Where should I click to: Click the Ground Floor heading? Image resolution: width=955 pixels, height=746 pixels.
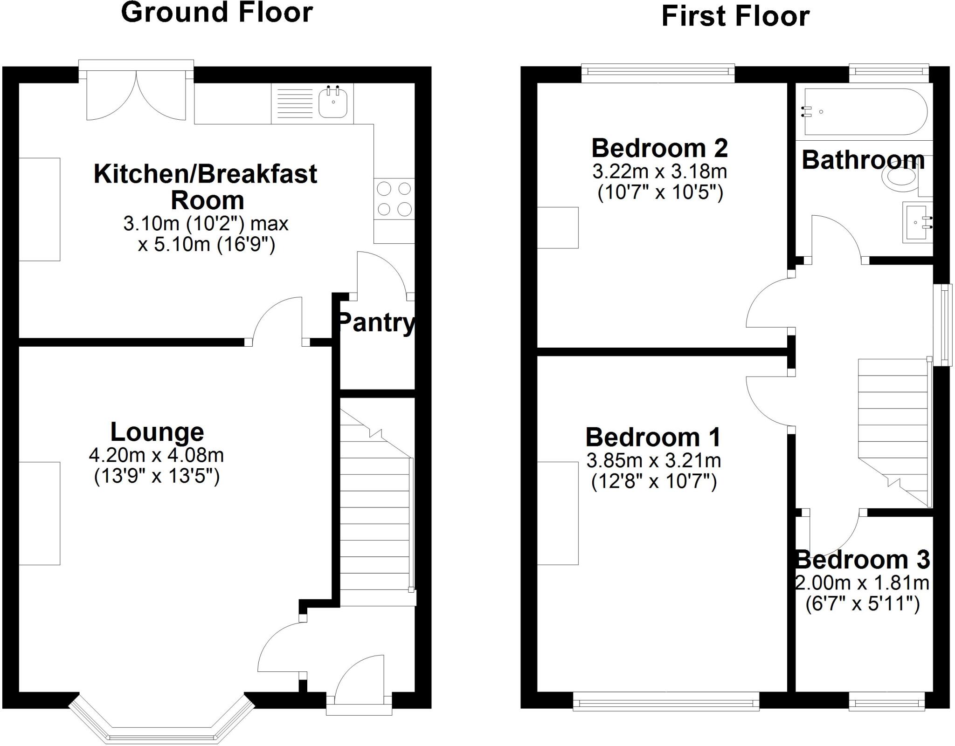(217, 13)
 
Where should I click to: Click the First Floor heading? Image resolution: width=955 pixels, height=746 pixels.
(735, 16)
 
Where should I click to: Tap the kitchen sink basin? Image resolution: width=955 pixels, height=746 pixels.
(333, 103)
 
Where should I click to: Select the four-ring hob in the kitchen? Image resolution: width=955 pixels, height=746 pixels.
(394, 199)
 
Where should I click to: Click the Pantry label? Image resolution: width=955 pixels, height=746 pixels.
(376, 322)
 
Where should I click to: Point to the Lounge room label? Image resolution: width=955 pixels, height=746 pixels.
(157, 432)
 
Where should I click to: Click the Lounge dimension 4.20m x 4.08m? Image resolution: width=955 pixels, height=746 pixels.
(156, 455)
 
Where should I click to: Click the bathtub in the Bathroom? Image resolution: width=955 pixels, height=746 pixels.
(865, 112)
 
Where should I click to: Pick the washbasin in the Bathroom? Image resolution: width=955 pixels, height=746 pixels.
(917, 223)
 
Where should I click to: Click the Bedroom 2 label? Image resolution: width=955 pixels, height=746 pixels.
(659, 148)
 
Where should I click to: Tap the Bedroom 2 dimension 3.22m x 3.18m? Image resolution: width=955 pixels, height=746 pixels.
(659, 171)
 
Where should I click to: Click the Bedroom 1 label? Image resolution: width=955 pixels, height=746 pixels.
(653, 437)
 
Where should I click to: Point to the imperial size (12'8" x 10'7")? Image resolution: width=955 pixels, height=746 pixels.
(654, 481)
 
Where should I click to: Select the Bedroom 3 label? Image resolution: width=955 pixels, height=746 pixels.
(863, 560)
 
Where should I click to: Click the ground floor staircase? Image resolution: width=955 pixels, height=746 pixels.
(375, 513)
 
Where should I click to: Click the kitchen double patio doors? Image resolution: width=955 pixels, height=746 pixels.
(136, 93)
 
